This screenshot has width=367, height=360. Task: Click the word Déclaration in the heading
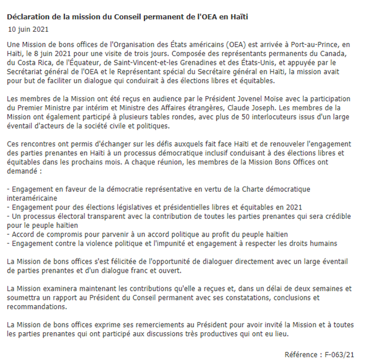click(30, 16)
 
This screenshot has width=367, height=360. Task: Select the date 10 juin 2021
click(28, 28)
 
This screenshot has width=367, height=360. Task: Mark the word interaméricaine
click(35, 198)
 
